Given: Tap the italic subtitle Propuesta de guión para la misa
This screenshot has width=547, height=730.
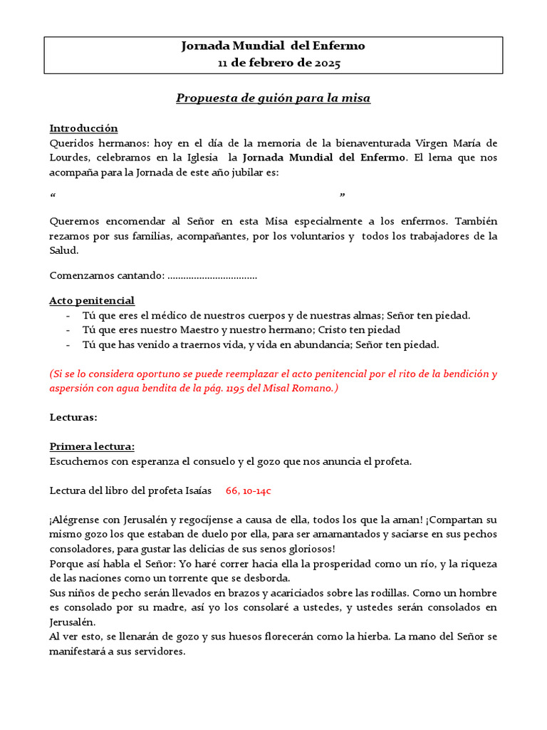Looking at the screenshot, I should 273,98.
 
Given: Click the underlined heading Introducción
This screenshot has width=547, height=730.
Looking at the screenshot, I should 83,128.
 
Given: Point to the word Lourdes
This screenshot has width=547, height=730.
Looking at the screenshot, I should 69,157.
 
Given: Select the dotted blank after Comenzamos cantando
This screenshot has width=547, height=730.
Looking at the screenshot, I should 212,276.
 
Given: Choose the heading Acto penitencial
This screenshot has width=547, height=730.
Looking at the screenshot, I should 92,301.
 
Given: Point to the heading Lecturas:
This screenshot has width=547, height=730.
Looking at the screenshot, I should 73,417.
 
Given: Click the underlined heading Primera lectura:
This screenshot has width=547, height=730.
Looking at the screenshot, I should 92,447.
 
